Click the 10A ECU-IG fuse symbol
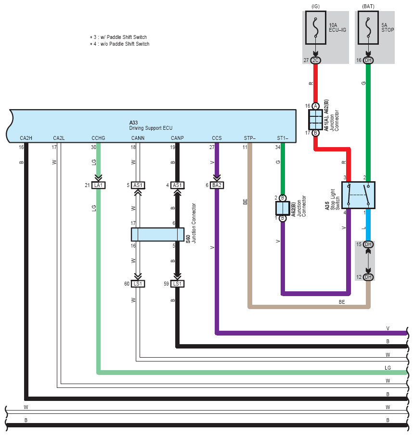point(315,27)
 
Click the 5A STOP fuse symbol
point(368,27)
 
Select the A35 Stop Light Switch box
point(358,195)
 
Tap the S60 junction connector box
point(157,235)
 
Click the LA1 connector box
point(98,185)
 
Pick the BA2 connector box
point(217,185)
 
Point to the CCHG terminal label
point(98,138)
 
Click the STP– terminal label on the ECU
point(250,138)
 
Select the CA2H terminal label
point(26,138)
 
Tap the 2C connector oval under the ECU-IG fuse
point(315,61)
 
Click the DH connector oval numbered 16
point(368,61)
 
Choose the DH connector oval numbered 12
point(368,277)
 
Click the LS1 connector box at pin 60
point(138,284)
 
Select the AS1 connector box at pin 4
point(177,185)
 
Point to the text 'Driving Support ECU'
point(151,128)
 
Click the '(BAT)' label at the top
point(368,6)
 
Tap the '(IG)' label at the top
point(315,6)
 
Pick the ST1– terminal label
point(283,138)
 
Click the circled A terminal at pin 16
point(315,106)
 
